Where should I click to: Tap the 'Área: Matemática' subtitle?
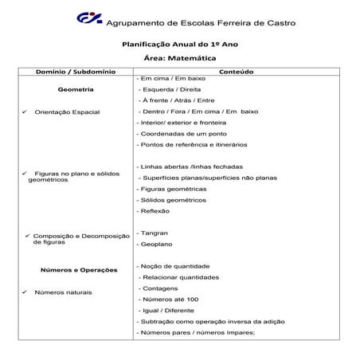coord(179,59)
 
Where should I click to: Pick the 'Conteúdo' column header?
coord(237,72)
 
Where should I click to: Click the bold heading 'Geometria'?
coord(76,90)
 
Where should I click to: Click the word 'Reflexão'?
coord(155,211)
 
